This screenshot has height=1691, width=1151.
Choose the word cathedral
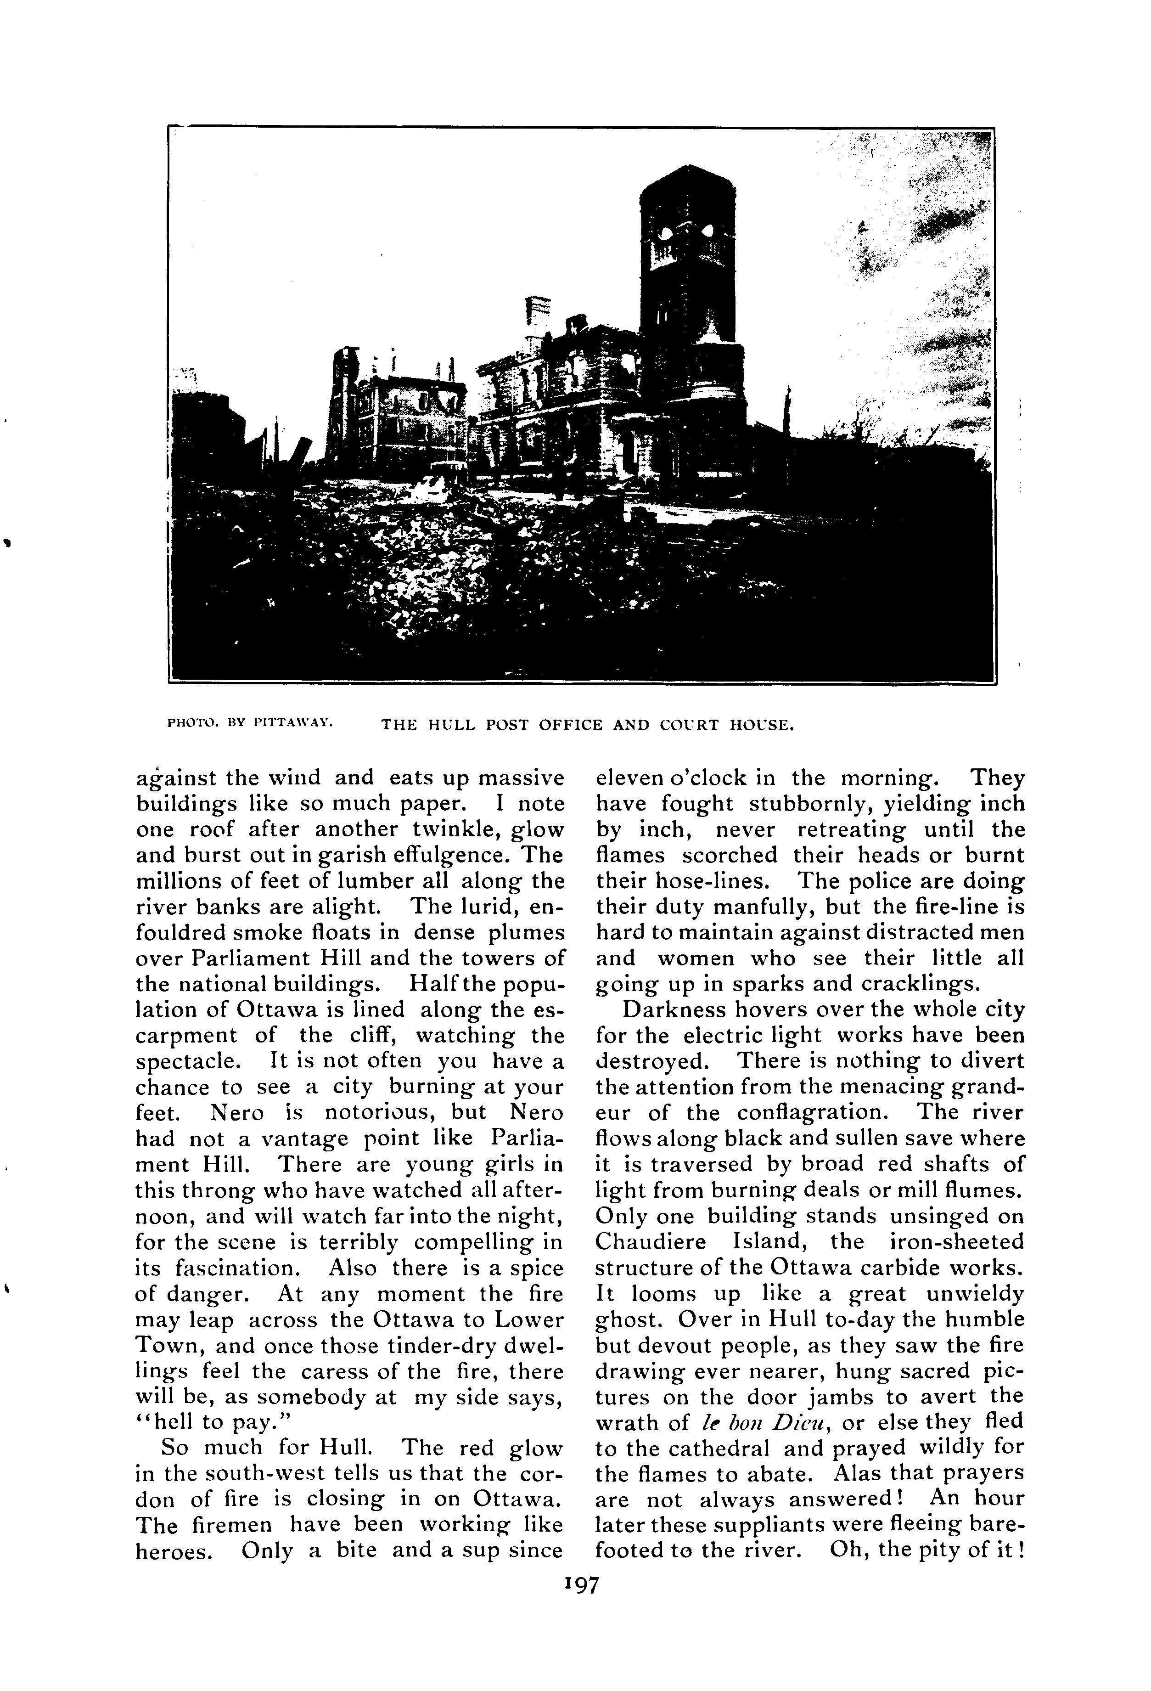(723, 1447)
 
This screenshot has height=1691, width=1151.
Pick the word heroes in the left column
(174, 1550)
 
